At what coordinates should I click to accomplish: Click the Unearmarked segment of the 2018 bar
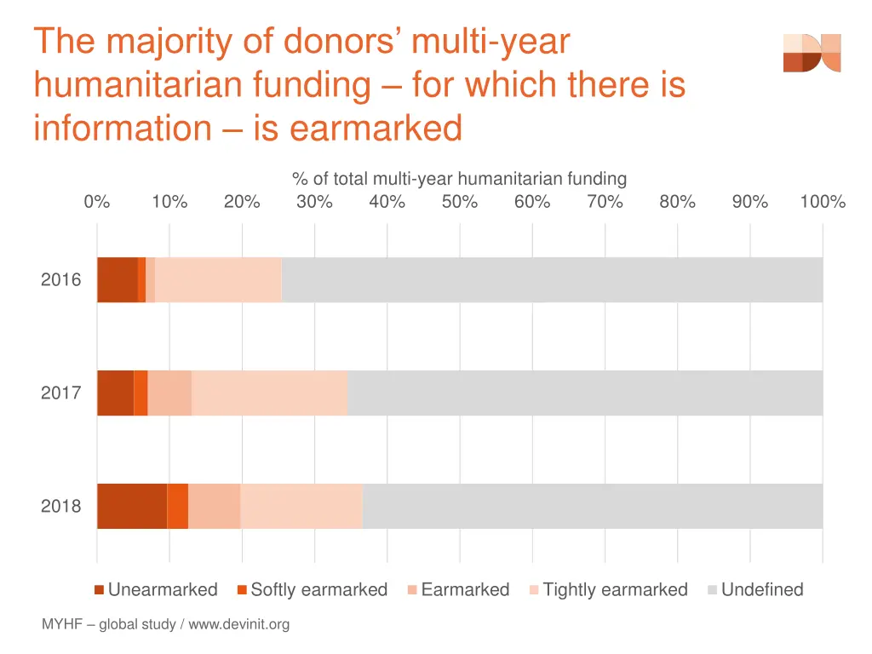[x=132, y=506]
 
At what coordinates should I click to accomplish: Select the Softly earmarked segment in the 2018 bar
[x=177, y=506]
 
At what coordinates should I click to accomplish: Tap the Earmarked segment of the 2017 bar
[x=169, y=393]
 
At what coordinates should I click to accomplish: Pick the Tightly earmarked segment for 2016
[x=218, y=279]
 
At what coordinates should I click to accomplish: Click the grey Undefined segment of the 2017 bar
[x=584, y=393]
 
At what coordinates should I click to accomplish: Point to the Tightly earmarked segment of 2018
[x=301, y=506]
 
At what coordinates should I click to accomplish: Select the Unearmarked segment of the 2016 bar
[x=117, y=279]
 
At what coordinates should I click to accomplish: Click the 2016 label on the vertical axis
[x=61, y=279]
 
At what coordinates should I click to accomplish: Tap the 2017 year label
[x=61, y=393]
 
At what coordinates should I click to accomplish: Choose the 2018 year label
[x=61, y=506]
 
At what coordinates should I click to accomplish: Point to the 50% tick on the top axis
[x=460, y=202]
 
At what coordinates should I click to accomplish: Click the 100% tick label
[x=822, y=202]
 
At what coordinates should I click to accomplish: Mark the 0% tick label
[x=97, y=202]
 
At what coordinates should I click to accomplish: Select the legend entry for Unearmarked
[x=156, y=589]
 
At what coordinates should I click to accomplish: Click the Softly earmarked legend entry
[x=312, y=589]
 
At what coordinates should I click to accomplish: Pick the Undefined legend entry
[x=755, y=589]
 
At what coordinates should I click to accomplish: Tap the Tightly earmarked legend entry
[x=608, y=589]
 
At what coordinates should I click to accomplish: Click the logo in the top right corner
[x=812, y=53]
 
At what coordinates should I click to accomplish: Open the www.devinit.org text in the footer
[x=239, y=624]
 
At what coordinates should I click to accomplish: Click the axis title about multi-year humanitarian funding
[x=459, y=179]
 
